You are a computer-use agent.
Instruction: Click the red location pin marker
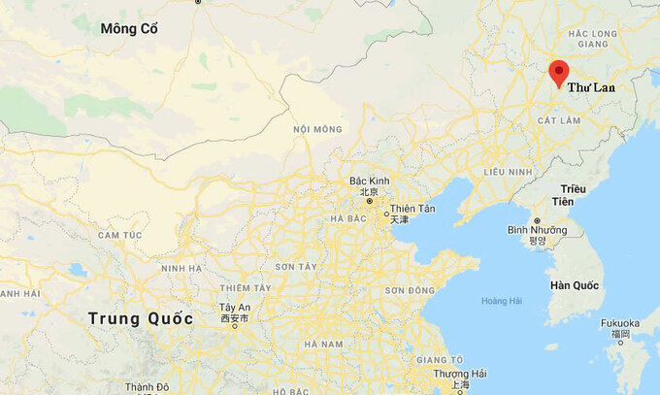pyautogui.click(x=558, y=72)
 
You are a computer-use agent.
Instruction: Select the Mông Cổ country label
pyautogui.click(x=129, y=29)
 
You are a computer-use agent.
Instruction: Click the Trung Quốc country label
pyautogui.click(x=140, y=318)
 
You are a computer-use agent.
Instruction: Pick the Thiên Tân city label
pyautogui.click(x=412, y=211)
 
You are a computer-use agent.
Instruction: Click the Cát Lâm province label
pyautogui.click(x=558, y=119)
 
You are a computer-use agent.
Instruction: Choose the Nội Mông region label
pyautogui.click(x=317, y=129)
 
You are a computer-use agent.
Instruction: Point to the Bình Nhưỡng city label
pyautogui.click(x=536, y=230)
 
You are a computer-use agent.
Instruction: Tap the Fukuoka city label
pyautogui.click(x=620, y=323)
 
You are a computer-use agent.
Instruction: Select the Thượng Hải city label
pyautogui.click(x=460, y=374)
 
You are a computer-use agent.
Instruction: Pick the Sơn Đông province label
pyautogui.click(x=410, y=290)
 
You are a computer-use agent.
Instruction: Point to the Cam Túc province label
pyautogui.click(x=119, y=235)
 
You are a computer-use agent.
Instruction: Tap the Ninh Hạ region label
pyautogui.click(x=181, y=268)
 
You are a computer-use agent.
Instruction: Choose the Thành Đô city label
pyautogui.click(x=147, y=388)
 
